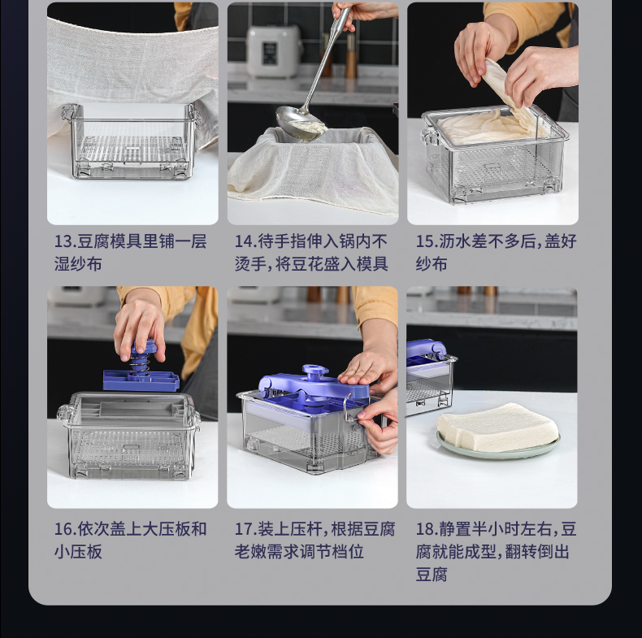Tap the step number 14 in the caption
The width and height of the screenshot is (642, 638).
click(244, 241)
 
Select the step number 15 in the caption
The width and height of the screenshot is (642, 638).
click(425, 241)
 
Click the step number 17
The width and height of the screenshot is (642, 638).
click(244, 528)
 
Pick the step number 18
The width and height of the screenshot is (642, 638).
click(425, 528)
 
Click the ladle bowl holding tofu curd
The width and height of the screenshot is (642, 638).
click(299, 122)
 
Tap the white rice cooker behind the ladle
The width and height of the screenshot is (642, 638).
click(273, 50)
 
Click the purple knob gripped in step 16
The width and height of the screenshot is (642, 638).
click(143, 348)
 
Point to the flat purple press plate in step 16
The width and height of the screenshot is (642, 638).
click(141, 380)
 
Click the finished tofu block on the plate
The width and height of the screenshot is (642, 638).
click(497, 427)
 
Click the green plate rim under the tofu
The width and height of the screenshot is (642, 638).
click(498, 449)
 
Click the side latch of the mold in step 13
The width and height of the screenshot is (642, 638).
click(68, 113)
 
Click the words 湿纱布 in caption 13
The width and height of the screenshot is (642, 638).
click(78, 264)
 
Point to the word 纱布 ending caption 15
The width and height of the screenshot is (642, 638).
click(432, 264)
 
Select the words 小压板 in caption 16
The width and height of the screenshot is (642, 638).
click(78, 552)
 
